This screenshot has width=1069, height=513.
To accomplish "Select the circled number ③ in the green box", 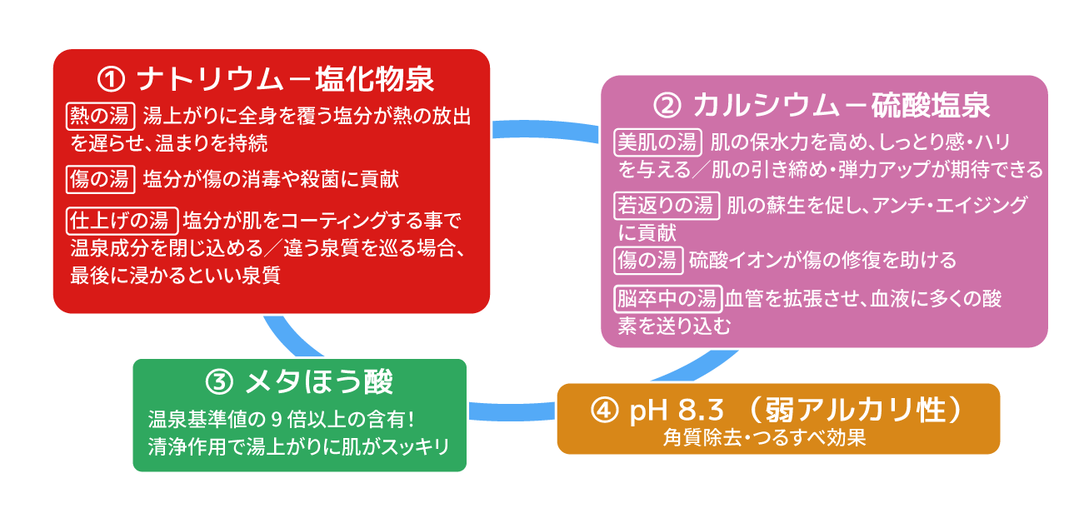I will click(x=217, y=382).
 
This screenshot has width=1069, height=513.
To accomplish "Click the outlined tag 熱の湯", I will click(x=100, y=114).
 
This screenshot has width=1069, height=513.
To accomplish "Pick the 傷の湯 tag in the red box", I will click(x=100, y=178).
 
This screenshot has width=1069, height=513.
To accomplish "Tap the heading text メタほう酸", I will click(x=318, y=382).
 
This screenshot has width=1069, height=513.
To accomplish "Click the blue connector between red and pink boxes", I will click(x=545, y=130).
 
